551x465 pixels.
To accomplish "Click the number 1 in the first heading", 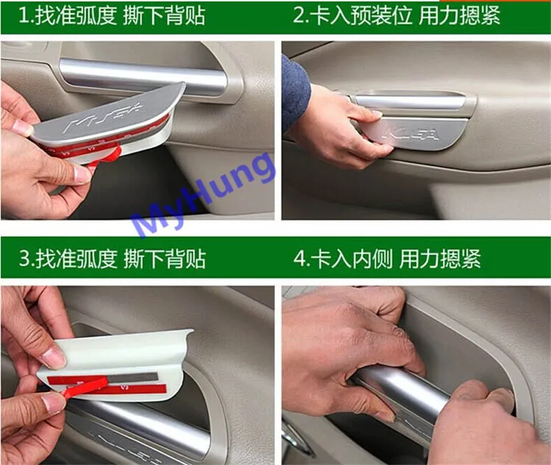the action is point(24,16).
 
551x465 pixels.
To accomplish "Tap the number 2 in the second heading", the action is point(299,16).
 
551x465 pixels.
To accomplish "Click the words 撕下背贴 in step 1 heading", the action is point(165,16).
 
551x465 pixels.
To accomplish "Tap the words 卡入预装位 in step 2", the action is point(361,16).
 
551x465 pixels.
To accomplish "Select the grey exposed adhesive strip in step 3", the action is point(132,378).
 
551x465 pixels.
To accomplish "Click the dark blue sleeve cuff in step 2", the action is point(295,92).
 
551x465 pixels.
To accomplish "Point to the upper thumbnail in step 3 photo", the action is point(54,357).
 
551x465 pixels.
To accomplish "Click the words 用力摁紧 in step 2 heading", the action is point(459,16).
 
